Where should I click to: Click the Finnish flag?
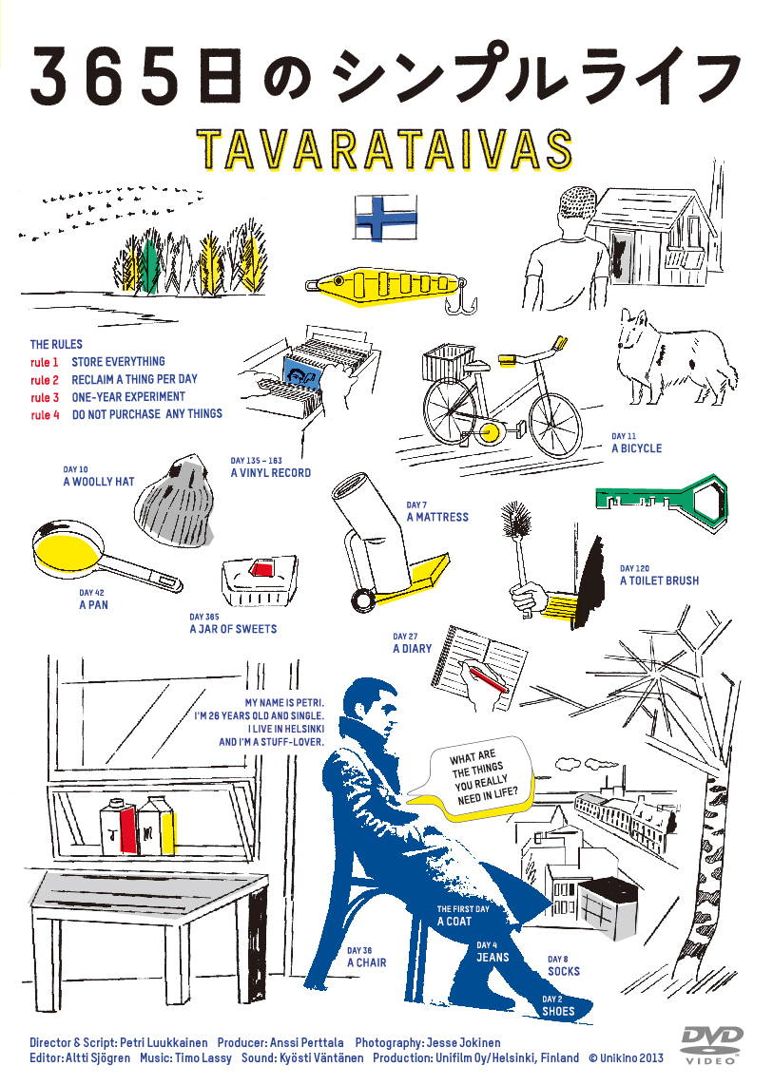pos(386,218)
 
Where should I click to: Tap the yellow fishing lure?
pos(384,284)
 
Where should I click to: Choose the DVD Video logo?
pos(712,1044)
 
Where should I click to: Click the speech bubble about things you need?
pos(478,778)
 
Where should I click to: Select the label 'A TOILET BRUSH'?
pos(660,581)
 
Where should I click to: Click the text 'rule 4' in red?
pos(45,414)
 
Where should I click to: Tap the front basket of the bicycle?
pos(448,362)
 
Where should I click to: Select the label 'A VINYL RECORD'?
pos(271,472)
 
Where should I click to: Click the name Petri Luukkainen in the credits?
pos(164,1042)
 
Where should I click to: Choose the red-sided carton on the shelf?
pos(119,828)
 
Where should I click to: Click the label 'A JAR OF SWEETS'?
pos(233,628)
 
